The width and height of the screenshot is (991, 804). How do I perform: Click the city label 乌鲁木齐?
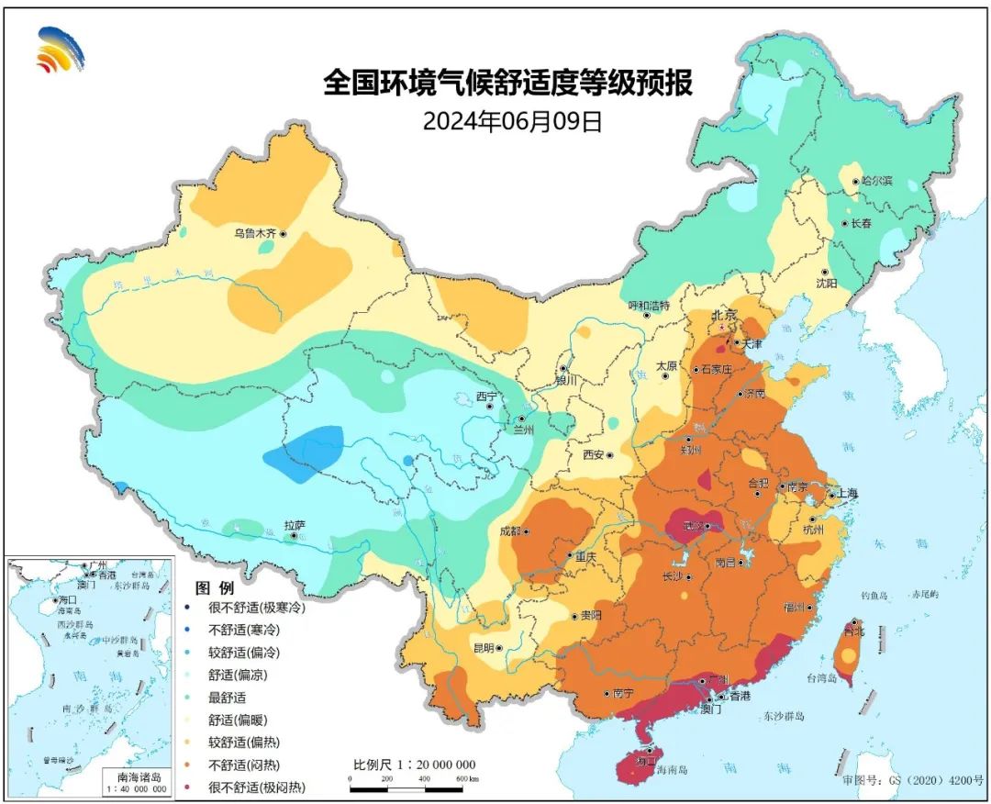[x=254, y=234]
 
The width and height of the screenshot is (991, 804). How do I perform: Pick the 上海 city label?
[x=843, y=494]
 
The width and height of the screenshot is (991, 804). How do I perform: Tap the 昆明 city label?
[x=484, y=647]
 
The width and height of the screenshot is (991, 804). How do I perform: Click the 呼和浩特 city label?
[x=649, y=305]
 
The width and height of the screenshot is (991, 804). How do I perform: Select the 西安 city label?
[x=595, y=454]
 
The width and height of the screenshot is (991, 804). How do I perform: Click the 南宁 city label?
[x=621, y=694]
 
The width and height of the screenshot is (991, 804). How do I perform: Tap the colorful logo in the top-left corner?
[x=60, y=50]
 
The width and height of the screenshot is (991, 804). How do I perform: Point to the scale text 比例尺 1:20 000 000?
[x=414, y=765]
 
